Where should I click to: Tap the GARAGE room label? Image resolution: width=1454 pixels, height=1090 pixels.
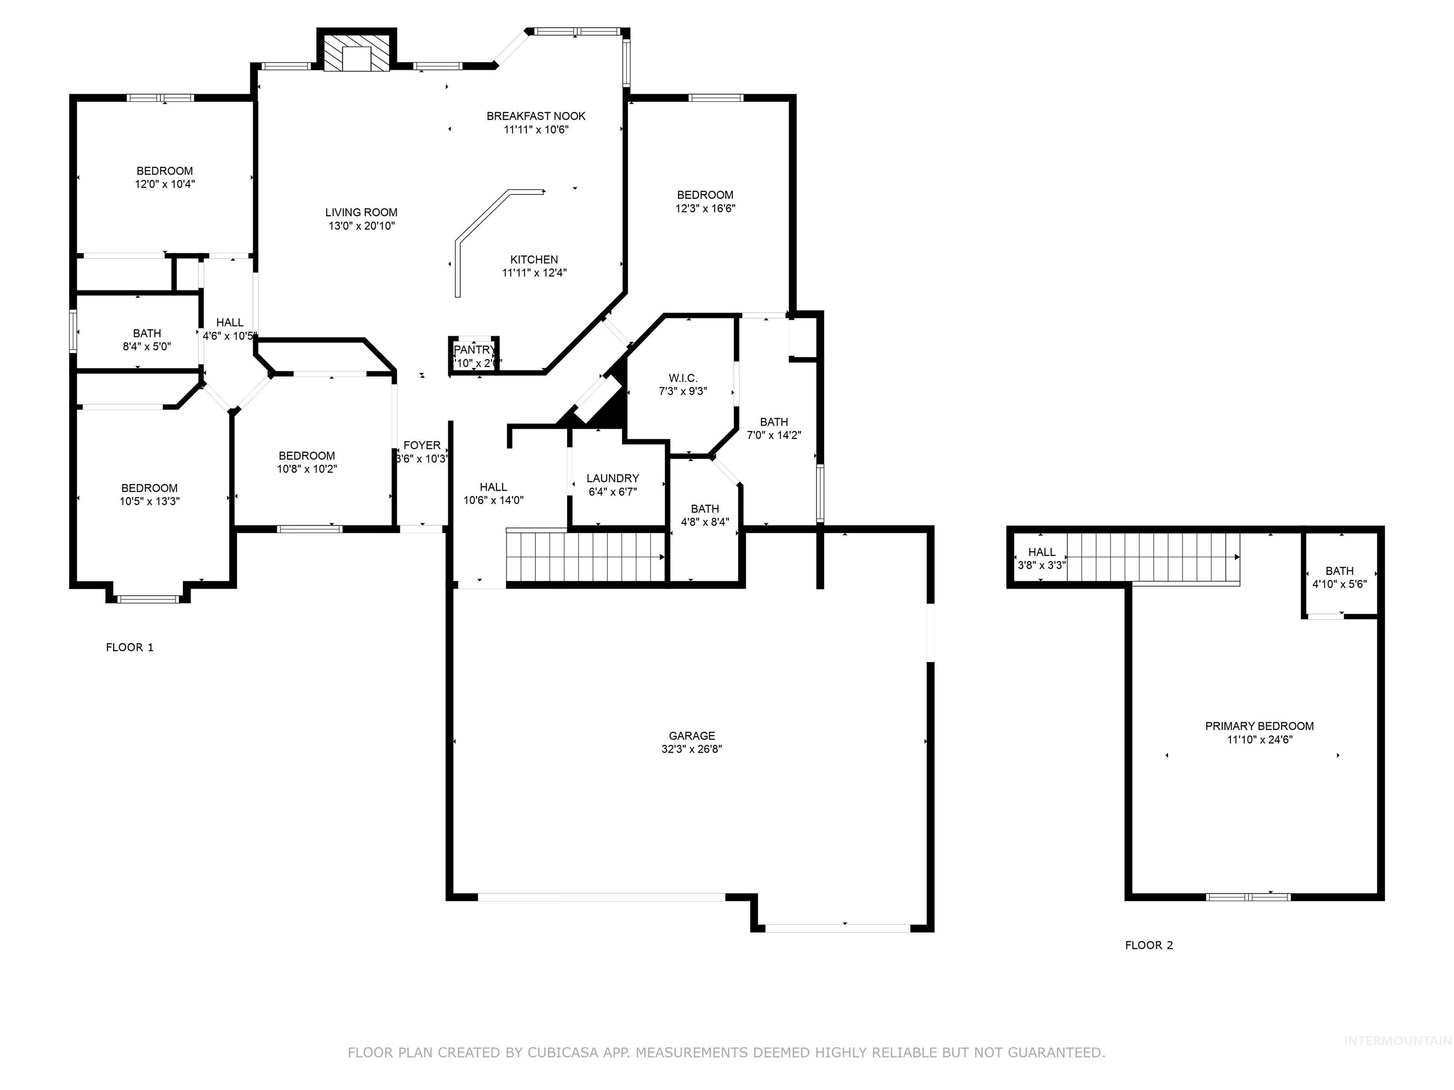(x=692, y=736)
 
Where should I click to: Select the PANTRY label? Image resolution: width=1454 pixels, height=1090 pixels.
(x=474, y=350)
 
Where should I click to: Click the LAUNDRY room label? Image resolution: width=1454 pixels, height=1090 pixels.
(x=612, y=478)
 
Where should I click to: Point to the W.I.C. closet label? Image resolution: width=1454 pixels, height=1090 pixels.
(x=683, y=378)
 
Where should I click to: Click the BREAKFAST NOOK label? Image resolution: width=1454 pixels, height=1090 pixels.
(x=536, y=116)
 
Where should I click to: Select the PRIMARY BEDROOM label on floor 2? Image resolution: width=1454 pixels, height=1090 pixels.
(x=1259, y=726)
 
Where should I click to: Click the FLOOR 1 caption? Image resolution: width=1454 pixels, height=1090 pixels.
(x=130, y=647)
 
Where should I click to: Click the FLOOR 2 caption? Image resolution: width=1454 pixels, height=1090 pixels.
(x=1148, y=945)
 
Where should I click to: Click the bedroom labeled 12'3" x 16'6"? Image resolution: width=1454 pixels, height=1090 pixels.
(x=705, y=202)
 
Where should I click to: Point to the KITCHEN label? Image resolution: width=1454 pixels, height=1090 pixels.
(x=534, y=260)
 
